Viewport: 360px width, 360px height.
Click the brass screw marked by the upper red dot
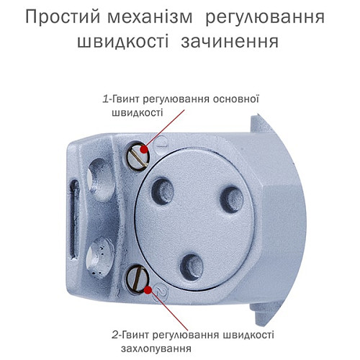[x=137, y=153]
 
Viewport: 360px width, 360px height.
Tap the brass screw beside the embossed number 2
[x=139, y=276]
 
